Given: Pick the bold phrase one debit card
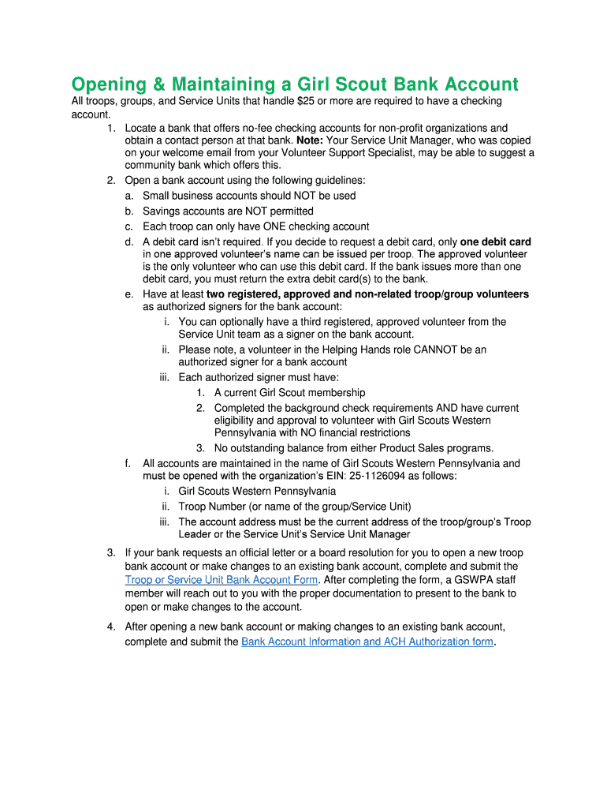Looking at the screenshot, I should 495,241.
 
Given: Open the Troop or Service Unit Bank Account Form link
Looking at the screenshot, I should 221,580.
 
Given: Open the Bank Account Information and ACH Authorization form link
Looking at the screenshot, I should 367,642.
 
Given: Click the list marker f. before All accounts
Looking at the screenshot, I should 128,463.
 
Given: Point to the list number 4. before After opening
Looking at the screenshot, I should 111,627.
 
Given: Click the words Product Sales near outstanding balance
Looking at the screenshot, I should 413,447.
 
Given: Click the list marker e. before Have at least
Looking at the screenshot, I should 128,294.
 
